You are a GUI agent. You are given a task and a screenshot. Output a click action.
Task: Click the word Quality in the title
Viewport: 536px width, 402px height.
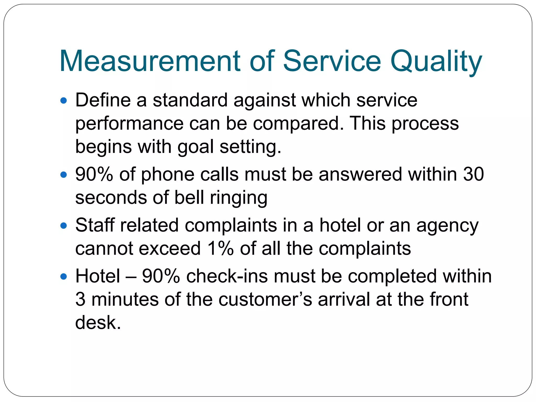tap(436, 62)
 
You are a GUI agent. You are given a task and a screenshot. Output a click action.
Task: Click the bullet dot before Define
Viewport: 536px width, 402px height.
tap(64, 100)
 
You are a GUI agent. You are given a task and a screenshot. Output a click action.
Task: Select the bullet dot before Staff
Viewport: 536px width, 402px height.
tap(64, 225)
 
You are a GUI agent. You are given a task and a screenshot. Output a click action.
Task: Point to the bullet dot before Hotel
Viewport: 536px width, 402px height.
tap(64, 276)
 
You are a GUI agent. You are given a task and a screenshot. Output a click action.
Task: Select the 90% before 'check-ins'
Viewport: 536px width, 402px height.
tap(161, 276)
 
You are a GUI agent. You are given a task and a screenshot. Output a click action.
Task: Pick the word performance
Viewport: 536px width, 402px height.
tap(129, 124)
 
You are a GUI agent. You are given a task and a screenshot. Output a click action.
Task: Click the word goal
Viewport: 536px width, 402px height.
tap(196, 147)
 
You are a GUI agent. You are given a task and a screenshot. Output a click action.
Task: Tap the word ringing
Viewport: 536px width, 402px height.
tap(239, 198)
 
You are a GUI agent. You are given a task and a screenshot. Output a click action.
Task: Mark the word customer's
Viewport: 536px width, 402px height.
tap(265, 299)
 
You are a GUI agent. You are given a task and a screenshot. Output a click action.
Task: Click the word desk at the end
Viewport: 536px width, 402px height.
tap(98, 322)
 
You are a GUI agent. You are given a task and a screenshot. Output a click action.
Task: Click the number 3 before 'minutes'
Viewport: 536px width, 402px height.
tap(80, 299)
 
